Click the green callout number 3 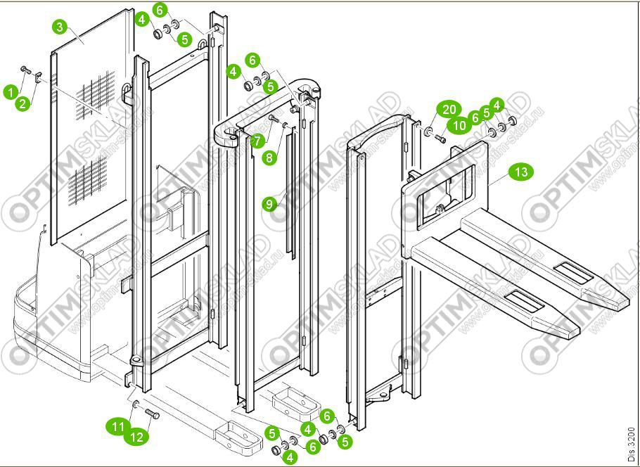coord(60,27)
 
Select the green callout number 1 coord(11,91)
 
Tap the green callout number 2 coord(23,103)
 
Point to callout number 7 coord(257,141)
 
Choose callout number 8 coord(269,158)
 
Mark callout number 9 coord(269,204)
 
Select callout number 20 coord(449,110)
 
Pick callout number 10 coord(459,125)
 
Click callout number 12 coord(137,437)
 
